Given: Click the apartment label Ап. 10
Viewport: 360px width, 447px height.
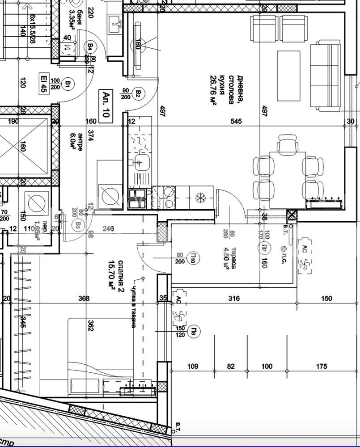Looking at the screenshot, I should [x=108, y=104].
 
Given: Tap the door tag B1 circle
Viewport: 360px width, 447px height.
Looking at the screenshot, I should [x=68, y=83].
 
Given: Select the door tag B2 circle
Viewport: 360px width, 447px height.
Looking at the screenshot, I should [x=139, y=94].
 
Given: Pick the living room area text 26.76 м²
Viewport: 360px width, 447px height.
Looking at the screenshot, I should [x=213, y=89].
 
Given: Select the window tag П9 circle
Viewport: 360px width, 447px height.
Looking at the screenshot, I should [x=194, y=331].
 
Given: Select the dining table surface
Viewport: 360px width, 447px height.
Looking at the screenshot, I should [x=288, y=179].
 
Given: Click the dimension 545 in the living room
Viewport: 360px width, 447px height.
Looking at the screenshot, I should [x=236, y=121].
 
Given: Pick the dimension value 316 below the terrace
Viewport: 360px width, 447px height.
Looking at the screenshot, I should [x=234, y=298].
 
